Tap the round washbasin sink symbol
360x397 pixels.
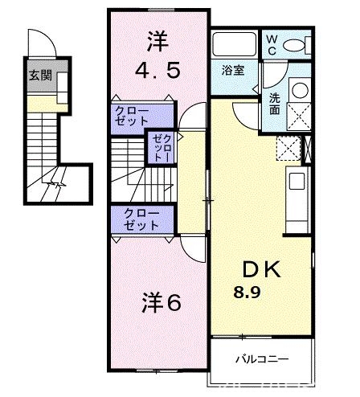click(x=299, y=90)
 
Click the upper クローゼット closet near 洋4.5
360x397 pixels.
click(x=140, y=114)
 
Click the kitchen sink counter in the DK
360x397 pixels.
click(x=295, y=194)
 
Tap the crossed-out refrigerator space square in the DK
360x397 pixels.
click(x=288, y=148)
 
